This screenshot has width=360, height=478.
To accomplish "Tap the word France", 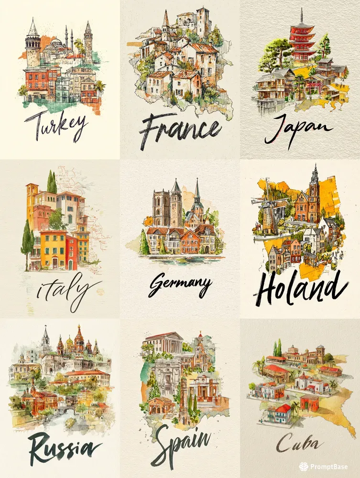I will (180, 128).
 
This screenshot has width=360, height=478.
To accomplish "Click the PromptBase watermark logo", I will (304, 466).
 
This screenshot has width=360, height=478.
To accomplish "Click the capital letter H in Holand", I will (269, 287).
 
